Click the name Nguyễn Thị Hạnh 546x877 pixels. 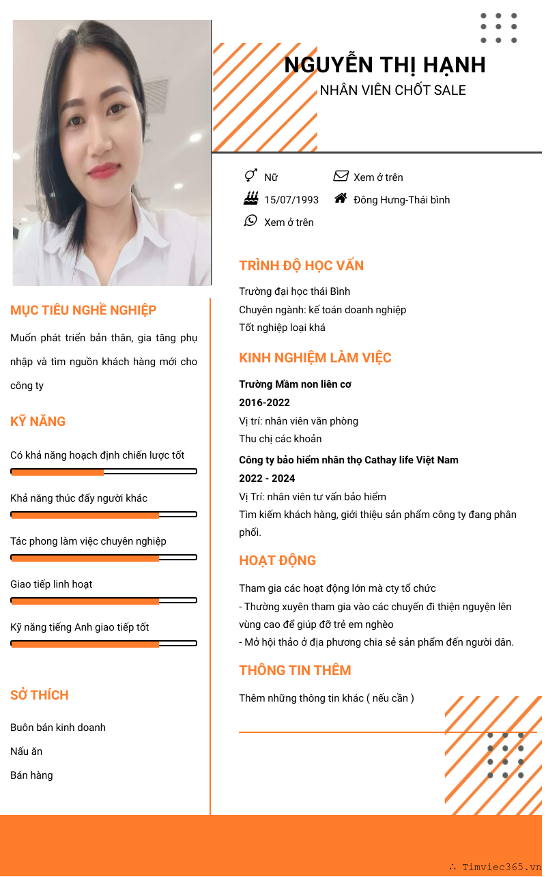coord(385,65)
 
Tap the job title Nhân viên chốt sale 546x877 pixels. coord(393,90)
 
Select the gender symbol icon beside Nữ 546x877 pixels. coord(250,176)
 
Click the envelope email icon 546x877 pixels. coord(341,176)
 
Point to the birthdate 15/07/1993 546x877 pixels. coord(291,200)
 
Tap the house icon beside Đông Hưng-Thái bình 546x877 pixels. coord(341,199)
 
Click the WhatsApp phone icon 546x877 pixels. coord(250,221)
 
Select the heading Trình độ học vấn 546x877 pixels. coord(301,265)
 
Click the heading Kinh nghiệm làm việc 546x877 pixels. coord(315,358)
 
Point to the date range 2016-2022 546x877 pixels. coord(264,403)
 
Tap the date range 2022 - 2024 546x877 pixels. coord(267,478)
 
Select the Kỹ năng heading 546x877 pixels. coord(38,421)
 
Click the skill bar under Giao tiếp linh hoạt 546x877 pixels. coord(104,601)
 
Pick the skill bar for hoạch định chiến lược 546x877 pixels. coord(104,472)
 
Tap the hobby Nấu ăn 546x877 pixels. coord(27,751)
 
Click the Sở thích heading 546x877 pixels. coord(40,695)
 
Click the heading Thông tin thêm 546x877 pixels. coord(295,670)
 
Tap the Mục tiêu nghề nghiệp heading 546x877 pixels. coord(83,310)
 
